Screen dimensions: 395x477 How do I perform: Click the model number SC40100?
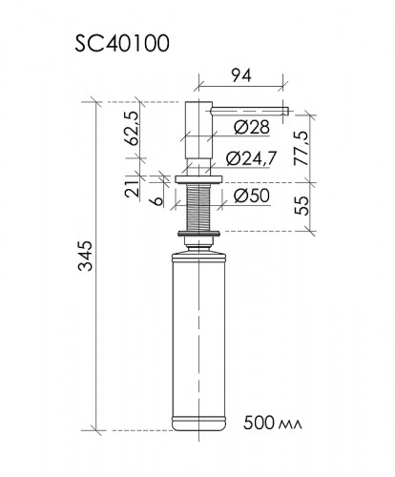(122, 43)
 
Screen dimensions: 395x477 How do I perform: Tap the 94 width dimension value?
(241, 75)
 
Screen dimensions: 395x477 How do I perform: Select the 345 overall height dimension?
(86, 256)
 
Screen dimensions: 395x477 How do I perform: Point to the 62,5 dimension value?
(133, 129)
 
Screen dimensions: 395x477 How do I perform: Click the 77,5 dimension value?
(301, 148)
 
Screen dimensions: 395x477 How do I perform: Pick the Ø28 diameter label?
(252, 127)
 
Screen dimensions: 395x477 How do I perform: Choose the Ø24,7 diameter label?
(251, 158)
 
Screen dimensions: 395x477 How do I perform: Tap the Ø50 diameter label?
(252, 196)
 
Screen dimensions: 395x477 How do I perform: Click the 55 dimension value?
(301, 206)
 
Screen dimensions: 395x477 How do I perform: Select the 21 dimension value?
(133, 189)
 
